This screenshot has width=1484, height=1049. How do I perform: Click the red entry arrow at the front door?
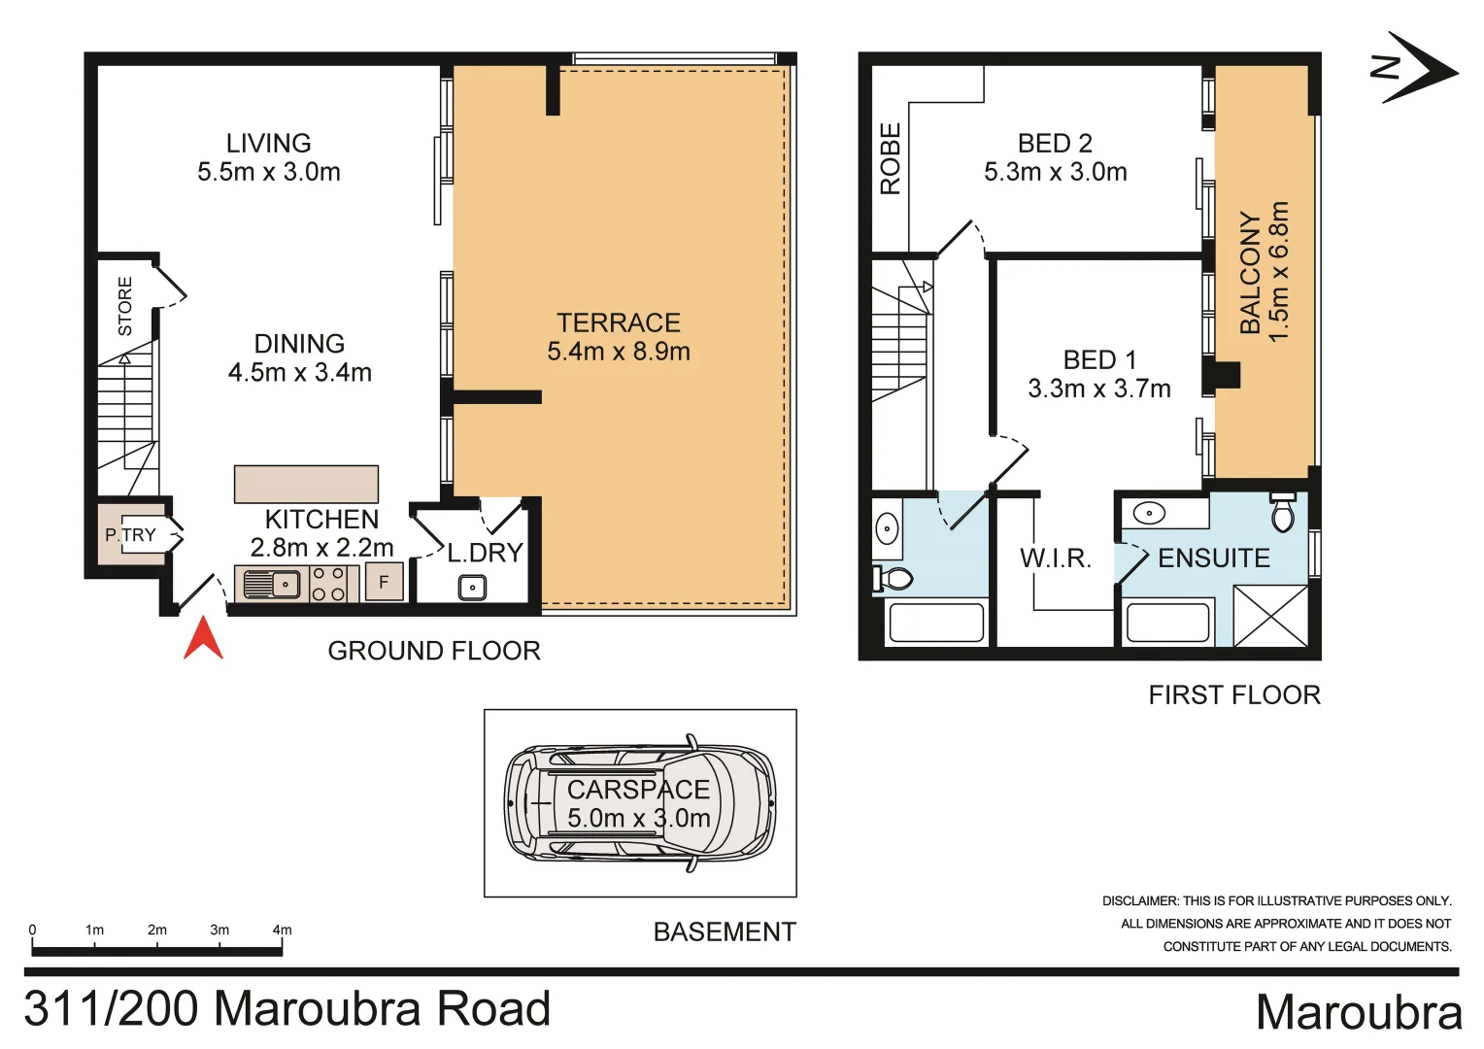pos(203,640)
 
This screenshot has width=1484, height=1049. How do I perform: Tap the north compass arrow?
pos(1417,68)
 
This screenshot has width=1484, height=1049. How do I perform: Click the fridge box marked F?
pos(384,582)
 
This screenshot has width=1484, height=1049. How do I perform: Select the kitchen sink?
pos(272,585)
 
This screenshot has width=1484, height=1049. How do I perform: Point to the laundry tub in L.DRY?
pos(472,588)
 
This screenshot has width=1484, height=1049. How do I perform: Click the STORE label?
pos(125,306)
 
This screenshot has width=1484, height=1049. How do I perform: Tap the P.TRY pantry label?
pos(130,535)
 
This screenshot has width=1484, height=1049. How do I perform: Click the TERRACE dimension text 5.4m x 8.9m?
pos(619,352)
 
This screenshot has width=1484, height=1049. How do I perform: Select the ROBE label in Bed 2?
pos(890,159)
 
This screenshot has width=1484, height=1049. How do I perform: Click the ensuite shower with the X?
pos(1270,616)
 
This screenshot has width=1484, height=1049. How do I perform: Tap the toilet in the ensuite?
pos(1283,512)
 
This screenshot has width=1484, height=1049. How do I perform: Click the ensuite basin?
pos(1150,512)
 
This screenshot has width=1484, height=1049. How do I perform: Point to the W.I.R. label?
pos(1056,558)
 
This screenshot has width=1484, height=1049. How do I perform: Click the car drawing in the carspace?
pos(640,803)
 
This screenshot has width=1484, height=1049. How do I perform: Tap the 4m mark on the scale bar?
pos(282,931)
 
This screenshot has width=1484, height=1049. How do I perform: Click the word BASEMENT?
pos(725,932)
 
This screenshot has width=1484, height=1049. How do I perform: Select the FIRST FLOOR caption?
pos(1234,695)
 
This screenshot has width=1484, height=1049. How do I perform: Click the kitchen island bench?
pos(306,484)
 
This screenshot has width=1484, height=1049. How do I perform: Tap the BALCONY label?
pos(1251,273)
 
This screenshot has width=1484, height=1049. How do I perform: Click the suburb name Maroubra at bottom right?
pos(1358,1012)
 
